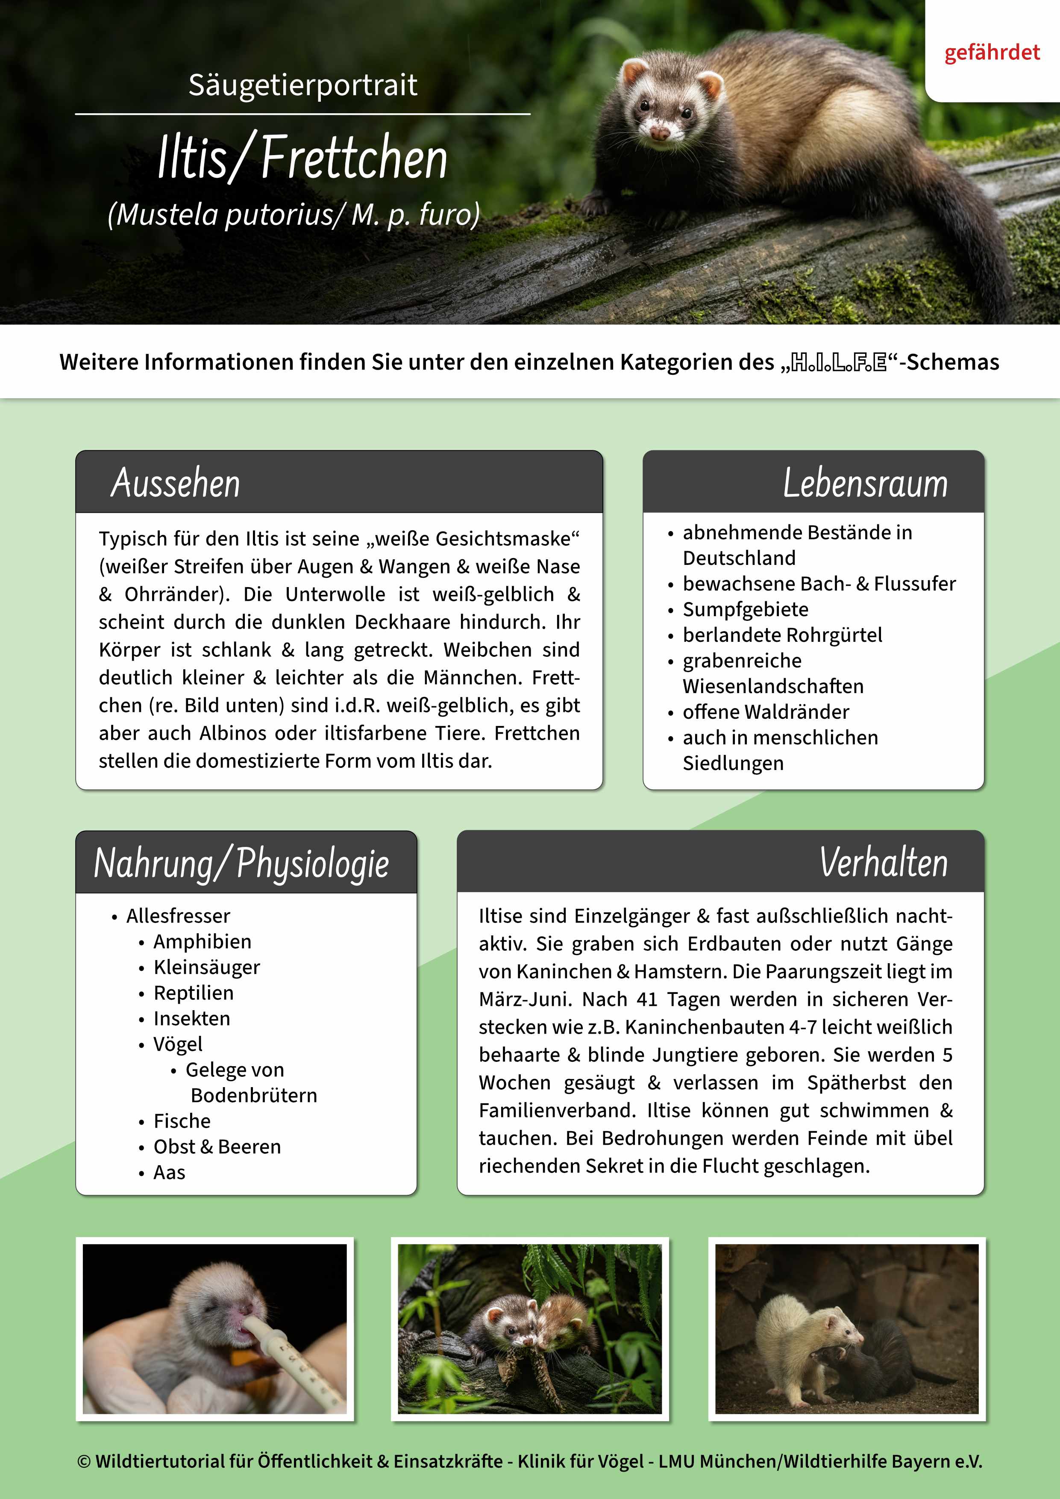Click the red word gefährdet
click(992, 52)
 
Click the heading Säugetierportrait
click(303, 85)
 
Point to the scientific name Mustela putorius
click(222, 214)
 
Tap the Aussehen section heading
click(176, 483)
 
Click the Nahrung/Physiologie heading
click(241, 863)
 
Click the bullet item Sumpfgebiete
click(746, 609)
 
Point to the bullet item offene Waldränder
click(766, 711)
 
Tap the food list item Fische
click(182, 1121)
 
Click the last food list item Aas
click(169, 1173)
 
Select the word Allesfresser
click(178, 916)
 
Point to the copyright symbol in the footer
click(84, 1461)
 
